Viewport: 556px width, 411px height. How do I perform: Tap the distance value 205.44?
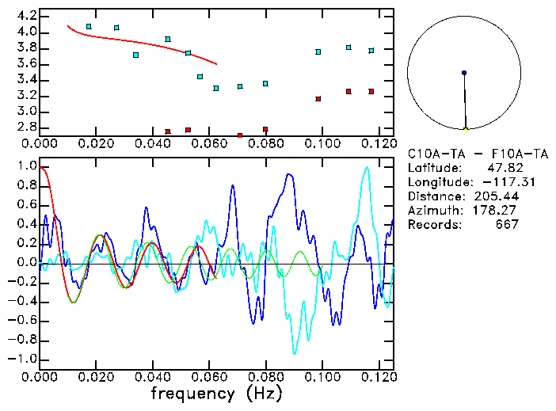point(497,196)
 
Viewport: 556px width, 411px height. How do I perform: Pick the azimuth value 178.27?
point(497,210)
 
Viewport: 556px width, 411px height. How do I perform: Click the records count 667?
point(505,224)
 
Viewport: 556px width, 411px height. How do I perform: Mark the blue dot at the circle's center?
point(464,73)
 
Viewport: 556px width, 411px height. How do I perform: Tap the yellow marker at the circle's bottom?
point(466,129)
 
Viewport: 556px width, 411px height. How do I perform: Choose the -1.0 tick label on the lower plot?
point(25,359)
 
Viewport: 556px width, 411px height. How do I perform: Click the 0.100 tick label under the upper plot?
point(321,143)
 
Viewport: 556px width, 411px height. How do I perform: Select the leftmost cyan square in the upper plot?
point(89,26)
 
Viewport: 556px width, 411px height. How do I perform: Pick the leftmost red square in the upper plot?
point(168,131)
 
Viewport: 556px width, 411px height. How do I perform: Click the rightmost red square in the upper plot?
point(371,92)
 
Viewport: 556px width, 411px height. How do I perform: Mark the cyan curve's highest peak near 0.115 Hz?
point(366,167)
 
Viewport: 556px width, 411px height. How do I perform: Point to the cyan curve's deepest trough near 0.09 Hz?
point(295,352)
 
